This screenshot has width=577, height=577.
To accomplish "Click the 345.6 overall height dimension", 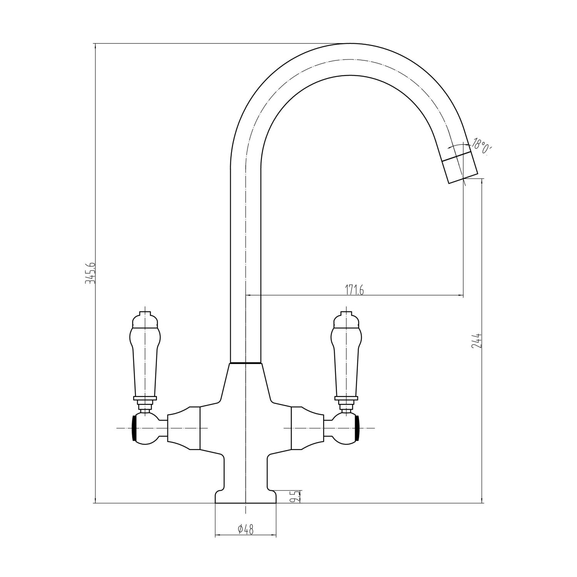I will pos(89,273).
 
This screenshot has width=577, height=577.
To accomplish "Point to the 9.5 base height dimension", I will pos(295,496).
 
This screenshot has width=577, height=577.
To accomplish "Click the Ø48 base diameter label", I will pos(245,530).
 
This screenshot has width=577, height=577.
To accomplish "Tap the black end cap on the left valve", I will pos(134,428).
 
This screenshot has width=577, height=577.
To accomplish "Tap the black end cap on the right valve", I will pos(358,428).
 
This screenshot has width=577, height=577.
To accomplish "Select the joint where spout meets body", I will pos(245,363).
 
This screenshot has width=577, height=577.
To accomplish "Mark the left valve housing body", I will pos(184,428).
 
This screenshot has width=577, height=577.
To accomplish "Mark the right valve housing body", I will pos(308,428).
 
